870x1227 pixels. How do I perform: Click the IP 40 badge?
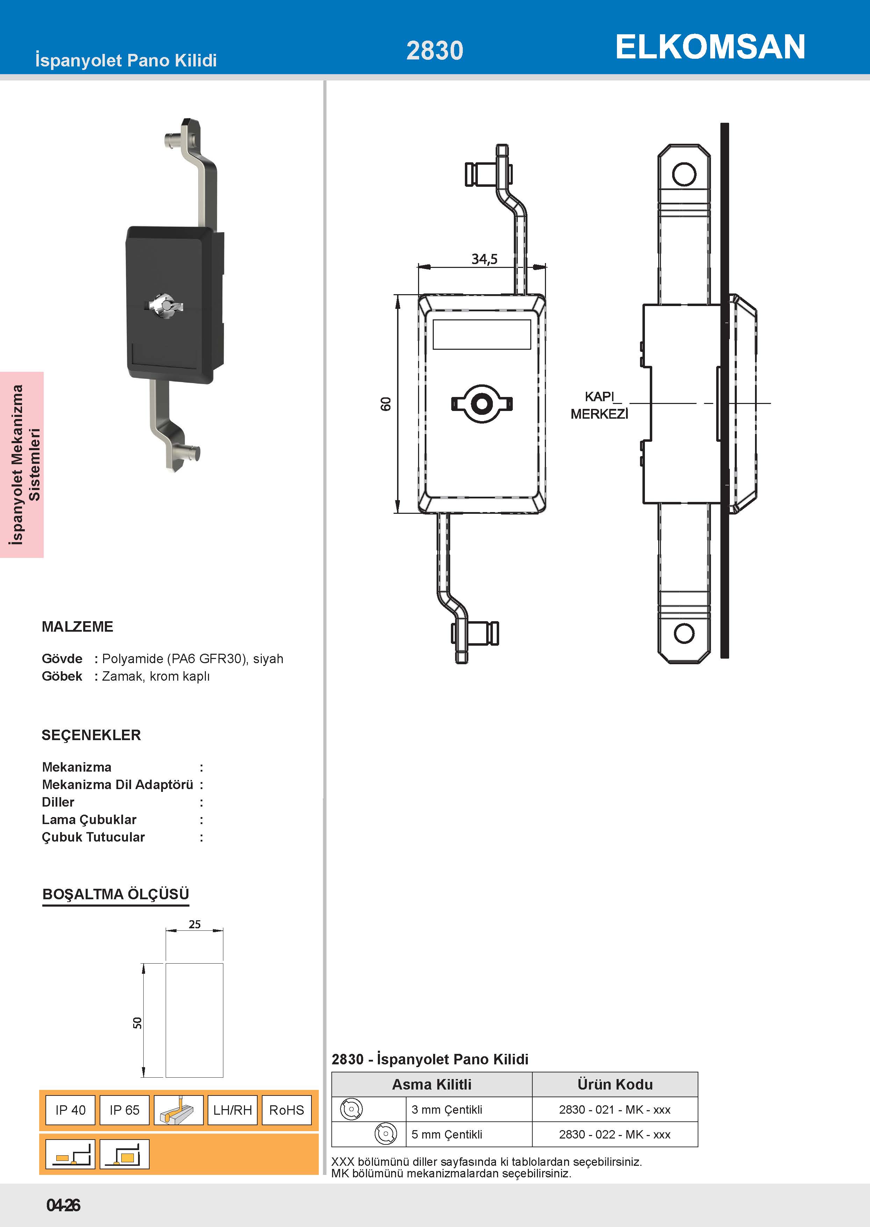[x=70, y=1110]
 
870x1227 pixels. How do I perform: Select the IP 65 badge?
[x=124, y=1110]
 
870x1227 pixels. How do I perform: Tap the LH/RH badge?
[x=232, y=1110]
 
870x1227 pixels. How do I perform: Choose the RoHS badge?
[x=287, y=1110]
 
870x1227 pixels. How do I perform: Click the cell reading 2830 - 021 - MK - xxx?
[x=614, y=1109]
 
